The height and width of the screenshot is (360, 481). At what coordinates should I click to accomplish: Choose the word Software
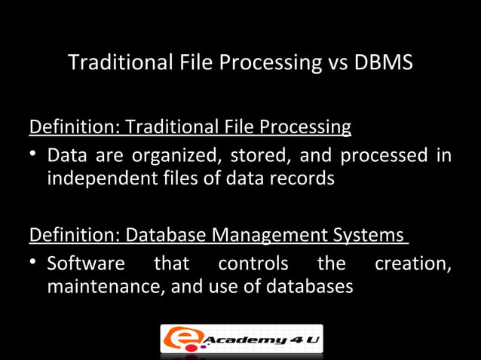pyautogui.click(x=85, y=264)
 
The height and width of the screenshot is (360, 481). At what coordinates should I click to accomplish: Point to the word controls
pyautogui.click(x=253, y=264)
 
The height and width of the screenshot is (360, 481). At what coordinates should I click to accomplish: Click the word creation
pyautogui.click(x=412, y=264)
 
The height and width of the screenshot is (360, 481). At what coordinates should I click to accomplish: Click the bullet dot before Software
pyautogui.click(x=35, y=264)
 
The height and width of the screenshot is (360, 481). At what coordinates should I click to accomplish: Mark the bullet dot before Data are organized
pyautogui.click(x=35, y=156)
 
